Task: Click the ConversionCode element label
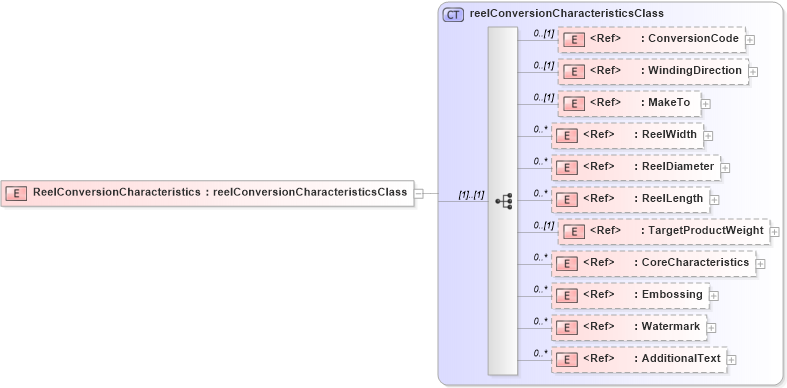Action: point(693,39)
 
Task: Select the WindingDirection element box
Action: point(652,71)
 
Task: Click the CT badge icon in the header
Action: point(453,14)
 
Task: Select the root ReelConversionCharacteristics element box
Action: point(208,193)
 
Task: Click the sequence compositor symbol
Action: point(503,201)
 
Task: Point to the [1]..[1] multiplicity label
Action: point(471,195)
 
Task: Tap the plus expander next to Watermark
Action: point(711,327)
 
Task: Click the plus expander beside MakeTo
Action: point(706,103)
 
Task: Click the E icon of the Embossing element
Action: point(566,296)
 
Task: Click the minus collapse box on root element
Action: point(419,193)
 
